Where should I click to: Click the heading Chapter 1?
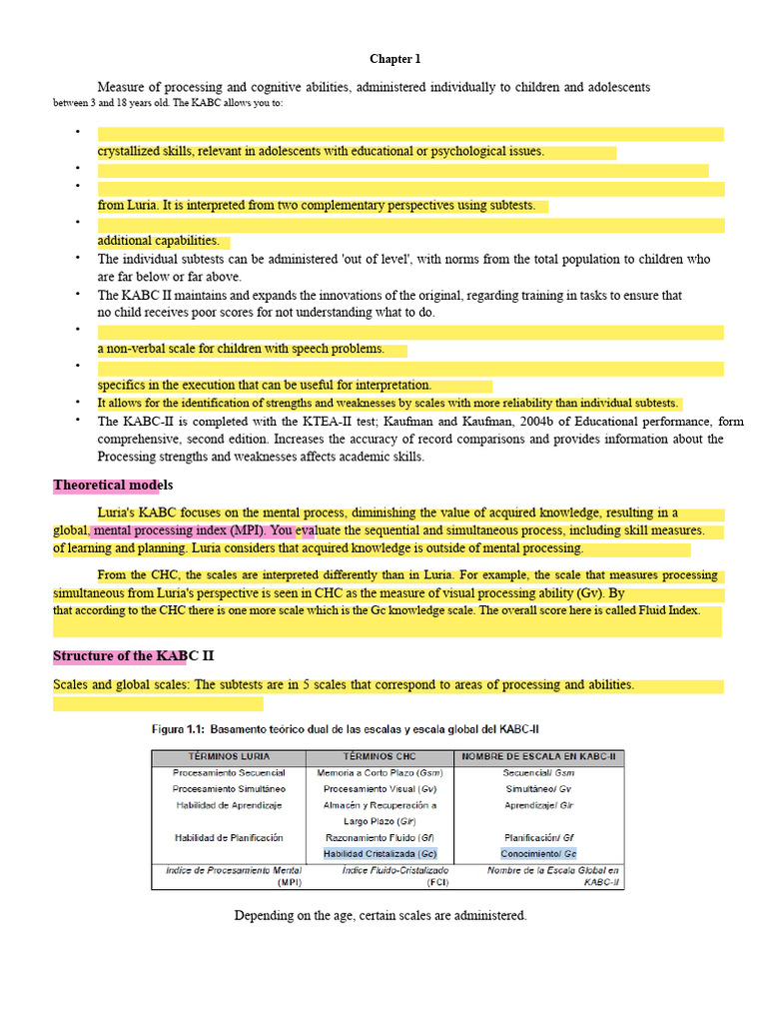[x=388, y=59]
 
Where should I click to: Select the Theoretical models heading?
[x=113, y=486]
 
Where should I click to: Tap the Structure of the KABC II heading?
[x=133, y=656]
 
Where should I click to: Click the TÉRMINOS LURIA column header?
[x=228, y=756]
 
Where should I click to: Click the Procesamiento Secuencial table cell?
[x=229, y=772]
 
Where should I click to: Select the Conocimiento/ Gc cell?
[x=540, y=854]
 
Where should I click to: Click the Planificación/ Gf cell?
[x=540, y=837]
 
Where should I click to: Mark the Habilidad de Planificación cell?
[x=229, y=837]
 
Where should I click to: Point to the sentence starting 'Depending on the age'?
[x=380, y=915]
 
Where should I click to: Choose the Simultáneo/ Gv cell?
[x=540, y=788]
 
